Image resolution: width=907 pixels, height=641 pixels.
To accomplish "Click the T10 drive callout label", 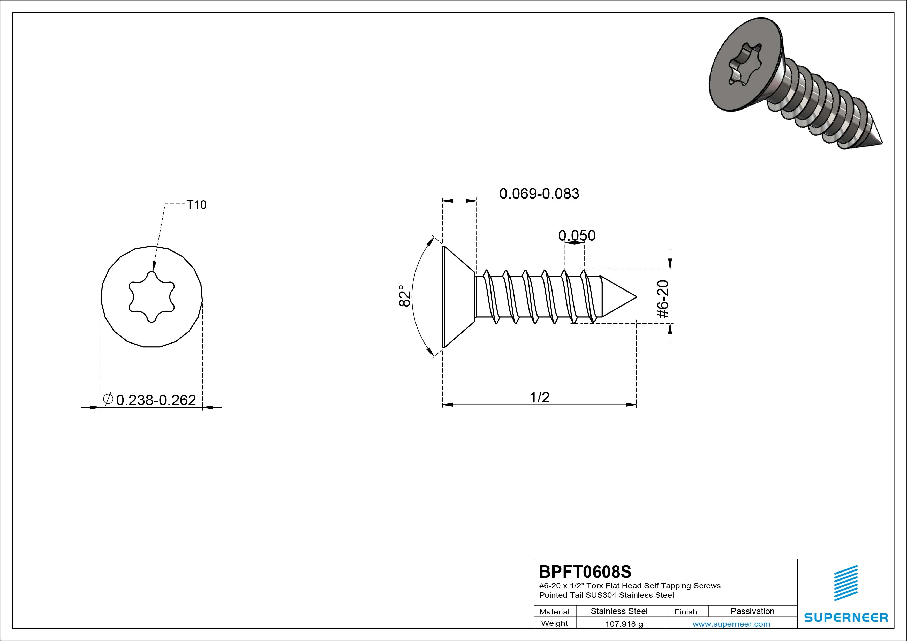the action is click(x=196, y=205).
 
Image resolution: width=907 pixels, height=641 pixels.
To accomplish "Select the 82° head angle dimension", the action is click(x=405, y=296).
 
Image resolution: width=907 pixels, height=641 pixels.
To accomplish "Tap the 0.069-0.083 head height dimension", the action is click(x=539, y=194).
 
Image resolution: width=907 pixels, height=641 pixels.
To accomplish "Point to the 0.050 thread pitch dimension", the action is click(x=577, y=235).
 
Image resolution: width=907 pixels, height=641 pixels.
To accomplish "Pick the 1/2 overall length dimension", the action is click(x=540, y=397).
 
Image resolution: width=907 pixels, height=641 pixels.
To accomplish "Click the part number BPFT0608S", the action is click(x=585, y=571).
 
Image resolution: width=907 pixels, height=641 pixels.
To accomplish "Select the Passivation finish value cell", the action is click(x=753, y=611).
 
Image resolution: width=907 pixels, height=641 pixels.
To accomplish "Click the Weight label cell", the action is click(x=555, y=623).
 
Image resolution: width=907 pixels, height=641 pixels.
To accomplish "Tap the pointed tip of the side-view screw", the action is click(x=636, y=297).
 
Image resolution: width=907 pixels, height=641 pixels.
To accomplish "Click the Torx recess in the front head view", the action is click(x=152, y=297).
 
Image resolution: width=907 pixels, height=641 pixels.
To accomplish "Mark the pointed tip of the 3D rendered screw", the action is click(x=882, y=144).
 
